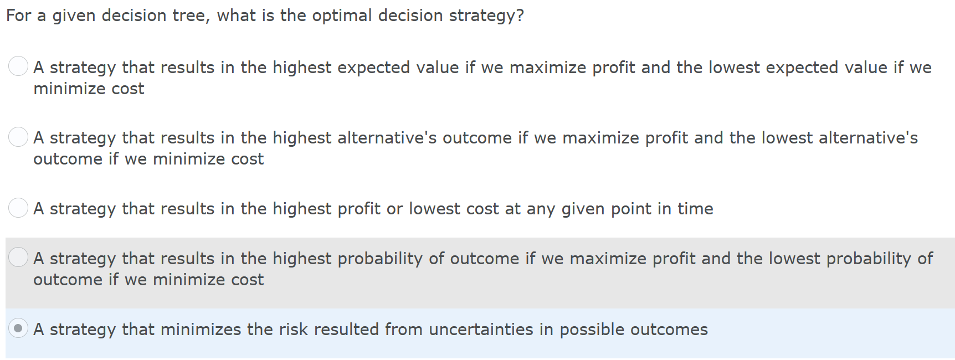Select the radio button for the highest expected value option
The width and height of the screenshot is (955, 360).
coord(18,66)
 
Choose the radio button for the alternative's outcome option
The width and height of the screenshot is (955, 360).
coord(18,137)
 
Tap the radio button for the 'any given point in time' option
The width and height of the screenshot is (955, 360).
coord(18,208)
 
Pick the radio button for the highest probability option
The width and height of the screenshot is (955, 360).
coord(18,257)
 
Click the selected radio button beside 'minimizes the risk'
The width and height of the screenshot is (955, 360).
coord(18,328)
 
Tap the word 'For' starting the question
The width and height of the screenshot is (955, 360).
coord(19,16)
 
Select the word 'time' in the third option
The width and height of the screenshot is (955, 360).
coord(695,209)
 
